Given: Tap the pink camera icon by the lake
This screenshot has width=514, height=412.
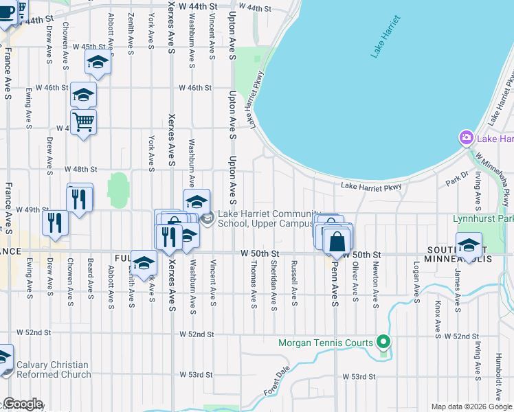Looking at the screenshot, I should [x=467, y=138].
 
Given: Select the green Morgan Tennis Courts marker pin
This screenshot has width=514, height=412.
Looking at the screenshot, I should [x=383, y=342].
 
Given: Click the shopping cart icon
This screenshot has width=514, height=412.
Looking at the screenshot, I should [x=83, y=122].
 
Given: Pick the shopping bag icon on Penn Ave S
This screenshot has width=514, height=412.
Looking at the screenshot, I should [x=337, y=242].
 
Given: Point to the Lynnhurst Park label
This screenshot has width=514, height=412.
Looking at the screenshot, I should [x=483, y=219].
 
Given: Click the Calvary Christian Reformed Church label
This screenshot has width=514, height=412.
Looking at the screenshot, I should [x=54, y=369].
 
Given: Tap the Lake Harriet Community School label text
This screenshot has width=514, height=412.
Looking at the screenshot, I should [x=269, y=218].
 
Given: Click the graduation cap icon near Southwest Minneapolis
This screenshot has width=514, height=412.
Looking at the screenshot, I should [x=469, y=245].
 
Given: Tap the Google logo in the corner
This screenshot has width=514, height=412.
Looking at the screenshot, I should [x=23, y=404].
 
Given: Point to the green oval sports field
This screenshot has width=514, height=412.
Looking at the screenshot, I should [x=118, y=188].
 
